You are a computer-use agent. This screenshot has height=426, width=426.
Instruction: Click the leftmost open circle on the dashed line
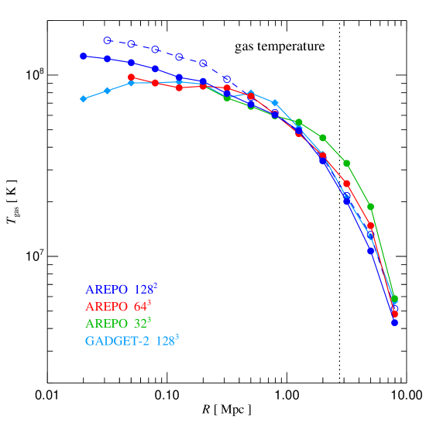[108, 40]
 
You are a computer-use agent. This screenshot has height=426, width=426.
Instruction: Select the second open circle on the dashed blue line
[132, 44]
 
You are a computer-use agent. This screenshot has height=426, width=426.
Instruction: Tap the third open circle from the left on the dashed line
[156, 49]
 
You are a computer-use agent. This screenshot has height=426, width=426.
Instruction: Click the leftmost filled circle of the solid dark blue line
[83, 56]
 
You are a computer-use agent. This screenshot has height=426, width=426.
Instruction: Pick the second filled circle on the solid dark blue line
[108, 58]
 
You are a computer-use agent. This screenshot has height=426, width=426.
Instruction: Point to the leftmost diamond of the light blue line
[83, 98]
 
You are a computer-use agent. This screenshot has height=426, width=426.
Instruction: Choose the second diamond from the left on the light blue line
[108, 91]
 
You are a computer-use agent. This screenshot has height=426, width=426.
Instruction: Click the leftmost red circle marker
[132, 77]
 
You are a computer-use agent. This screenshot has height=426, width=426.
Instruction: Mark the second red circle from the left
[156, 83]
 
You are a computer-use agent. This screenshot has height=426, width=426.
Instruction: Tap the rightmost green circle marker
[395, 299]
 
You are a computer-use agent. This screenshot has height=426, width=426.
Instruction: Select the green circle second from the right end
[371, 206]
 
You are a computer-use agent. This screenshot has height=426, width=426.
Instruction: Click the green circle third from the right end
[347, 163]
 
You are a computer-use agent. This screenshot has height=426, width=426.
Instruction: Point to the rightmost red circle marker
[395, 314]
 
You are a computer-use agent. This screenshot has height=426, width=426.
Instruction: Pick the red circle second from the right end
[371, 225]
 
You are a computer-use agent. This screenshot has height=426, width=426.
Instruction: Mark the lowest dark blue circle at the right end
[395, 322]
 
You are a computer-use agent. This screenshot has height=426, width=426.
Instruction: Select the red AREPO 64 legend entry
[119, 306]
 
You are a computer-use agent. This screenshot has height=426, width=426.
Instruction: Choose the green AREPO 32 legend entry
[119, 323]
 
